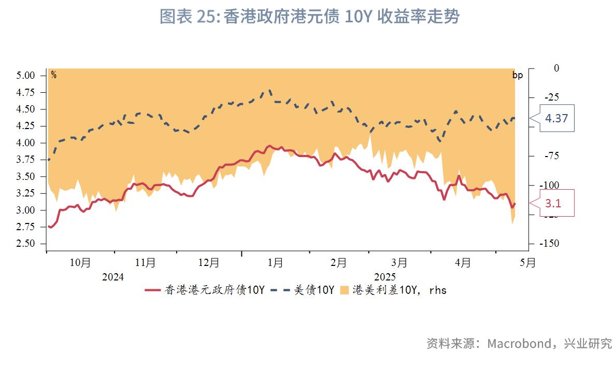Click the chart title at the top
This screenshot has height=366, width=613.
(309, 17)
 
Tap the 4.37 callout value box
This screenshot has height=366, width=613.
(556, 118)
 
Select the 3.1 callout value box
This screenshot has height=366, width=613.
(552, 204)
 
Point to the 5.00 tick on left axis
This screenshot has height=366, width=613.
(25, 75)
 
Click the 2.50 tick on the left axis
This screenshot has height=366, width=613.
(25, 244)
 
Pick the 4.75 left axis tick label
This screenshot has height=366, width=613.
(25, 92)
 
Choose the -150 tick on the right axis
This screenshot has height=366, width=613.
(548, 244)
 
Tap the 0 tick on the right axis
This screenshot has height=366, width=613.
(542, 68)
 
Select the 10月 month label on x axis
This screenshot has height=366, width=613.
(80, 263)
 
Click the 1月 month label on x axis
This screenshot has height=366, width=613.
(275, 263)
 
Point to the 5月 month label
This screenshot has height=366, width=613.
(528, 263)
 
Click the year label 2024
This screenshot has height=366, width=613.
(112, 277)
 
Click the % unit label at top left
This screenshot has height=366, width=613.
(53, 75)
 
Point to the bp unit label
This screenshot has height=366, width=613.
(517, 75)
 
